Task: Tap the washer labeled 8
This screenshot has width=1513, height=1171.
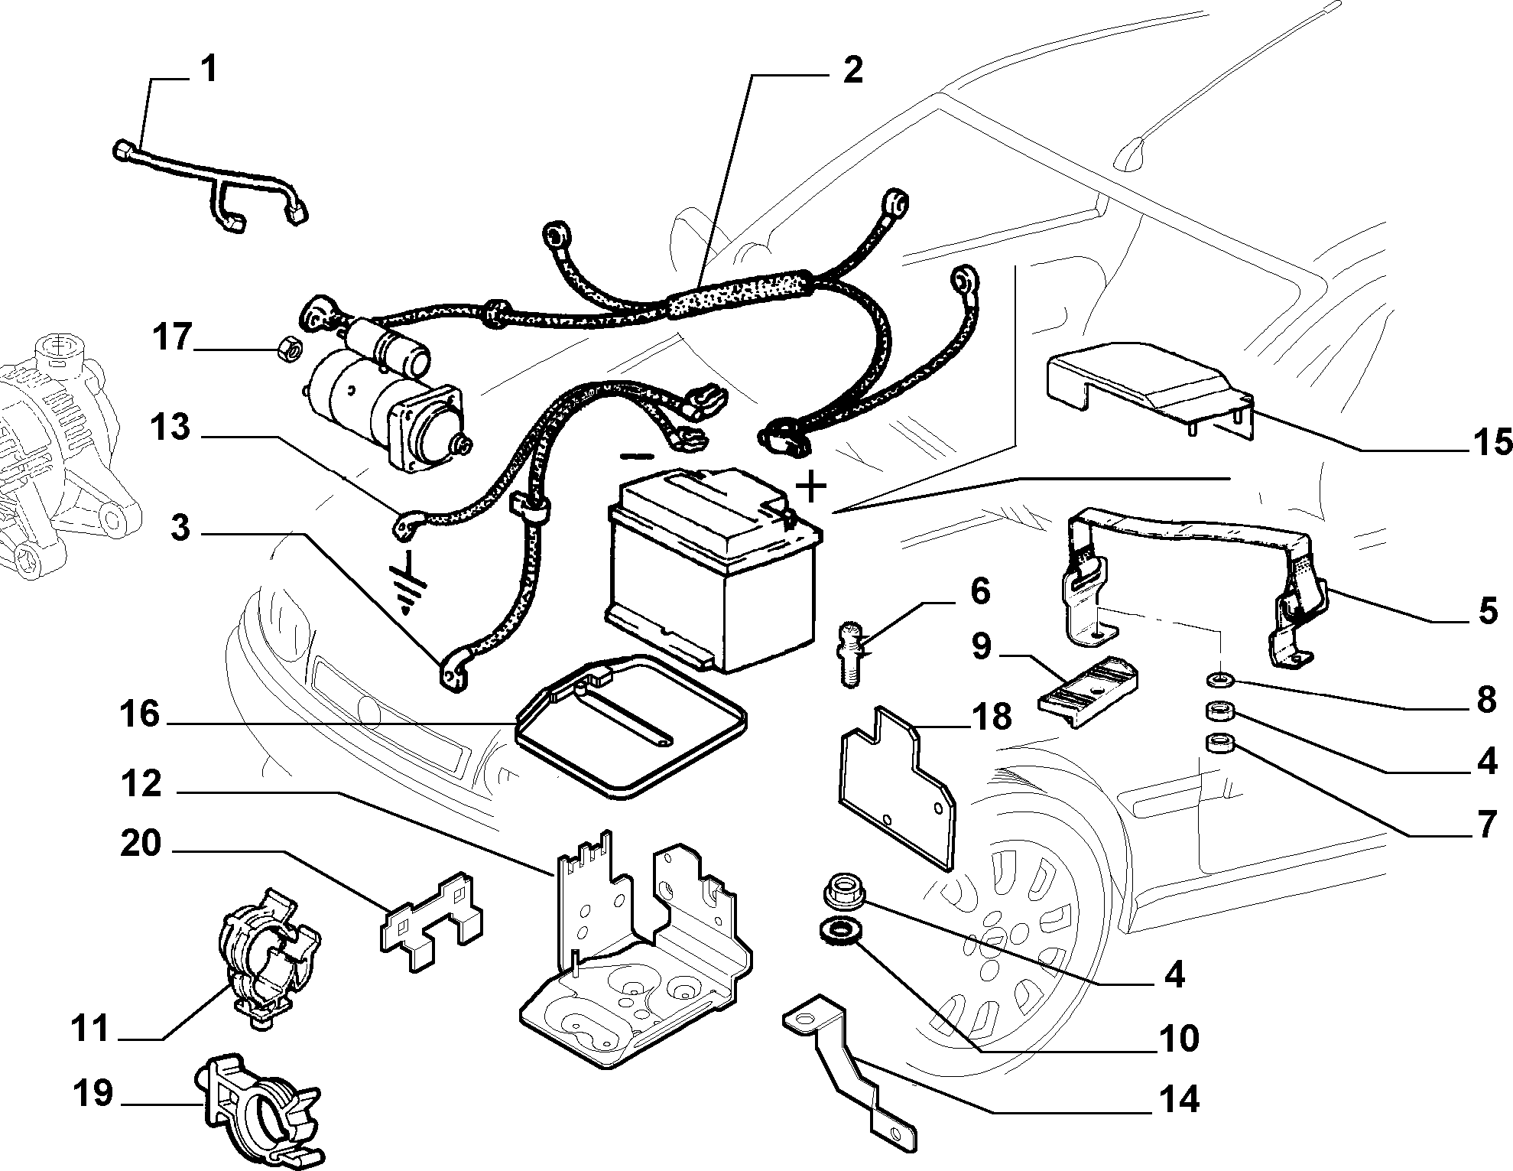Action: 1218,678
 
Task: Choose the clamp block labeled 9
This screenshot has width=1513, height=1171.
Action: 1089,691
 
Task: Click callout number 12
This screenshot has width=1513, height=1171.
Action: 141,785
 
